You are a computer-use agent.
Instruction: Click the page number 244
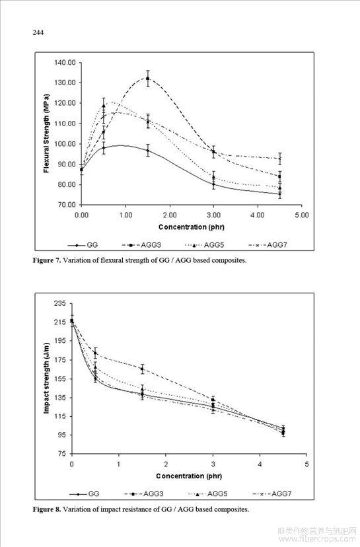coord(38,33)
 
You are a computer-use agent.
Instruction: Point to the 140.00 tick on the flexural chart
coord(65,63)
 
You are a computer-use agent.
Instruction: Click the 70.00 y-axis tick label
coord(67,205)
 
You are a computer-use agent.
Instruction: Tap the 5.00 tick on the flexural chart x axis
coord(302,215)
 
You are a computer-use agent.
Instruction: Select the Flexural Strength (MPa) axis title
coord(46,133)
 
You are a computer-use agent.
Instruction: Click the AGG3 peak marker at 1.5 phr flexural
coord(148,79)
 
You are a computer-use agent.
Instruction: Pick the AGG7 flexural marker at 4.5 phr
coord(280,159)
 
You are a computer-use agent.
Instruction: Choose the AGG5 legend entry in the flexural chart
coord(204,245)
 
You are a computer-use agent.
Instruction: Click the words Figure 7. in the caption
coord(47,260)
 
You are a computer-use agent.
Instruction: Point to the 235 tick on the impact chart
coord(59,303)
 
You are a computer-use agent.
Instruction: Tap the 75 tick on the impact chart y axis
coord(61,453)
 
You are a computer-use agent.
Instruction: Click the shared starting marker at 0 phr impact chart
coord(72,321)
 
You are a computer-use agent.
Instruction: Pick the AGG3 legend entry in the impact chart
coord(144,494)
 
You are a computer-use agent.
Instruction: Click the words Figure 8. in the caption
coord(47,509)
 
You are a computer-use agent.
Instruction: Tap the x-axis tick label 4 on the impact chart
coord(260,464)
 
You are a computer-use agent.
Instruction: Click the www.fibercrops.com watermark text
coord(318,539)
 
